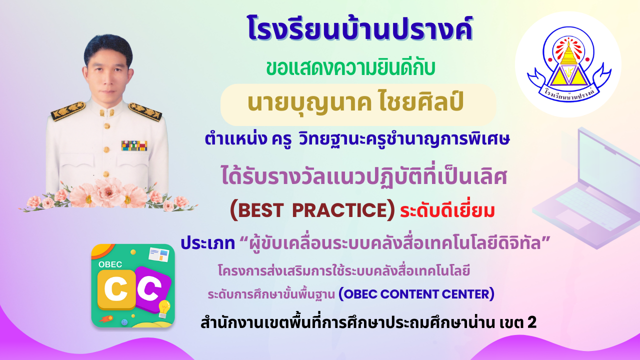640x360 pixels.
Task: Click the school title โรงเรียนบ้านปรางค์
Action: point(360,28)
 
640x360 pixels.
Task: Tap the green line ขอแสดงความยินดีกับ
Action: point(351,68)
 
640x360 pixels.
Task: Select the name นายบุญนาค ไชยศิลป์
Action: point(355,103)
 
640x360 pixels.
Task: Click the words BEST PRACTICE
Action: point(312,210)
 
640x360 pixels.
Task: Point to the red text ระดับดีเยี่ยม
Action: point(447,210)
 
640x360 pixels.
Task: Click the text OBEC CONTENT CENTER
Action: point(416,294)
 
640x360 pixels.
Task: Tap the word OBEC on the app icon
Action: point(110,264)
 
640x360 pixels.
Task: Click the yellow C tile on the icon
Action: point(116,289)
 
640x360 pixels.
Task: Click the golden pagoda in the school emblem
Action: point(568,53)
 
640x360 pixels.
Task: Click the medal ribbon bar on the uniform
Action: point(134,145)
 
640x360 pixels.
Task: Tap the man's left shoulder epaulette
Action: point(145,111)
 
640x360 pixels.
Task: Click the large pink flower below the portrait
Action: point(108,191)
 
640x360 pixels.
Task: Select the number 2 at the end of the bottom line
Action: point(532,323)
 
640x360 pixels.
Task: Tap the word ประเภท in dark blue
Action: point(208,243)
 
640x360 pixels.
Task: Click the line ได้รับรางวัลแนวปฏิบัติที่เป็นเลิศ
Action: point(364,177)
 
